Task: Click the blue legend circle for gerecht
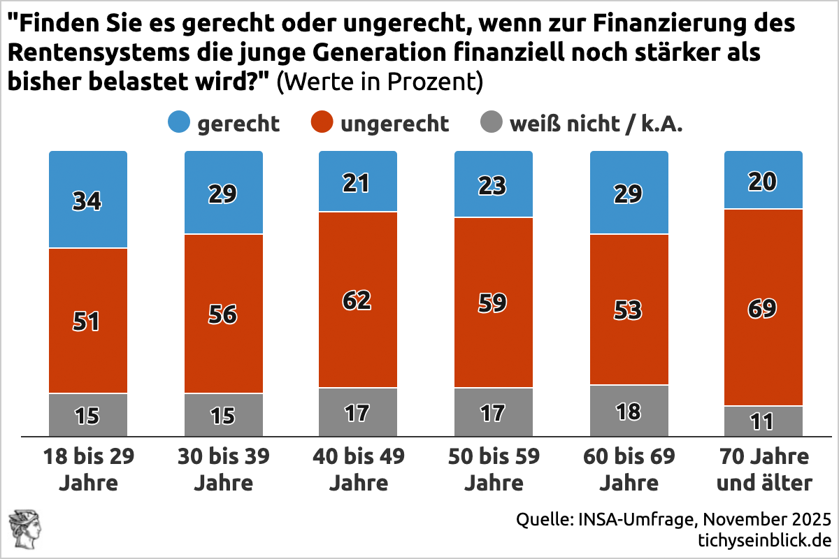click(180, 124)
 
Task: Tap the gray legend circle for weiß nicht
click(492, 124)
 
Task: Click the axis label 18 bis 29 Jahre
click(88, 470)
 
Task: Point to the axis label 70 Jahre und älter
click(763, 470)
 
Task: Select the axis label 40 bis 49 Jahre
click(358, 470)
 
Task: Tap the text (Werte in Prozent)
click(380, 82)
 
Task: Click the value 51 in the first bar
click(88, 321)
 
